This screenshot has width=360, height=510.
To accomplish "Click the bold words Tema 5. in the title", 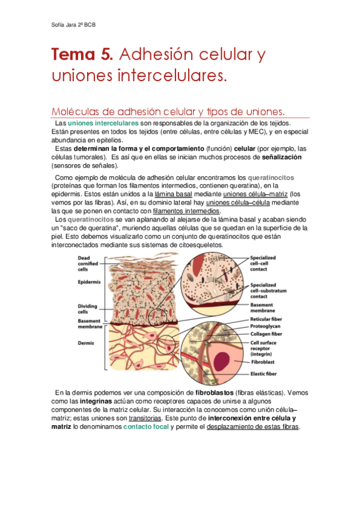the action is pos(82,55).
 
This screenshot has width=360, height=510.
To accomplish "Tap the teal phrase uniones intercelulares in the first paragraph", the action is pos(103,123).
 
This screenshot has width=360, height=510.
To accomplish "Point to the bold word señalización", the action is pos(282,157).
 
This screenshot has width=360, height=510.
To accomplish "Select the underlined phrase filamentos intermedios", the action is pos(187,211).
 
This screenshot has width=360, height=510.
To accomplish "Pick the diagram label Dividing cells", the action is pos(89,309).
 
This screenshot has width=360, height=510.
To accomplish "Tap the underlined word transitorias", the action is pos(146,418).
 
